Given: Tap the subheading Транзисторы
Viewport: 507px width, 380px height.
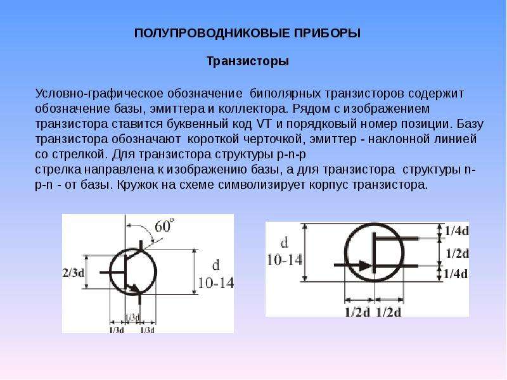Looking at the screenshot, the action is coord(248,61).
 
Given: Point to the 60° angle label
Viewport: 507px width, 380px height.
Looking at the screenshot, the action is coord(164,226).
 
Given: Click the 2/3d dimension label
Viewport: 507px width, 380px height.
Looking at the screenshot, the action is coord(73,273).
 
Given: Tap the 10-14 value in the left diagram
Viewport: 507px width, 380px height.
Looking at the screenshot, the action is coord(215,283).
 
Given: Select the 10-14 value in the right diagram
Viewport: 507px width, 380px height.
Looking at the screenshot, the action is coord(285,260).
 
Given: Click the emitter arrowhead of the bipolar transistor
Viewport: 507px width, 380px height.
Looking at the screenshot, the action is coord(134,288).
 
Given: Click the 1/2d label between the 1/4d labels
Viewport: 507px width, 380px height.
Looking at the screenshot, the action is coord(457,253).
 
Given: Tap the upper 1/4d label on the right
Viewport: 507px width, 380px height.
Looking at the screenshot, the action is coord(456,231).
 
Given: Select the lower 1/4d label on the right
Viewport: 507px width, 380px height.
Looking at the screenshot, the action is coord(456,274).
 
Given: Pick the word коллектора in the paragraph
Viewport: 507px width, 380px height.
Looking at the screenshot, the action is coord(253,109).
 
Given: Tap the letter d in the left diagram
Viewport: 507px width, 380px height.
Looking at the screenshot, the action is coord(215,265).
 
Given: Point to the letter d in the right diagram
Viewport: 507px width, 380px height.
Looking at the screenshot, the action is coord(284,242).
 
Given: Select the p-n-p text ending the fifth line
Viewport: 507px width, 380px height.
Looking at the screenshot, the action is coord(292,155).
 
